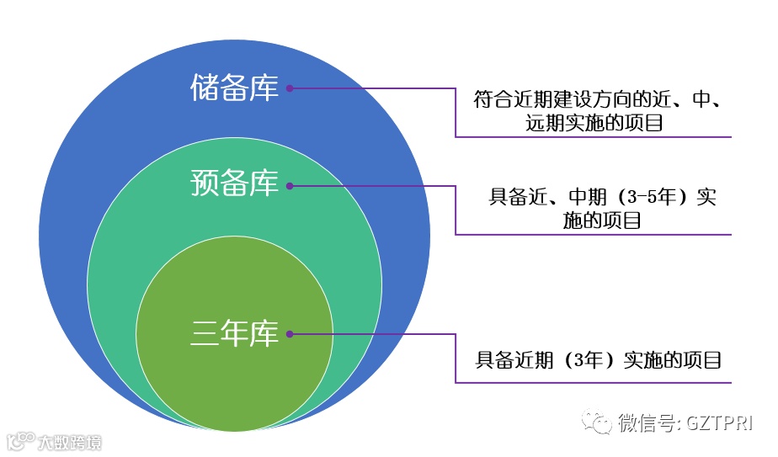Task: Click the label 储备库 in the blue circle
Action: [x=234, y=88]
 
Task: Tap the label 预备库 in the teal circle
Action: [x=234, y=183]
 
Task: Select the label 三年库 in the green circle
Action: [x=234, y=334]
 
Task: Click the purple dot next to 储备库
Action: [x=290, y=88]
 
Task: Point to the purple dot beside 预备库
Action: [x=290, y=185]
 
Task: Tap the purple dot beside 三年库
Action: [x=290, y=334]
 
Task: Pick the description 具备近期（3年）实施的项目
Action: [x=599, y=361]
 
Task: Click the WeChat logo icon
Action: [x=599, y=422]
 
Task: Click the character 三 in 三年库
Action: [x=205, y=334]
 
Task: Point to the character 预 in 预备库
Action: [x=205, y=183]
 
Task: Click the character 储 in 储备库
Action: [x=205, y=88]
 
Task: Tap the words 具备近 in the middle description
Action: [x=520, y=199]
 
